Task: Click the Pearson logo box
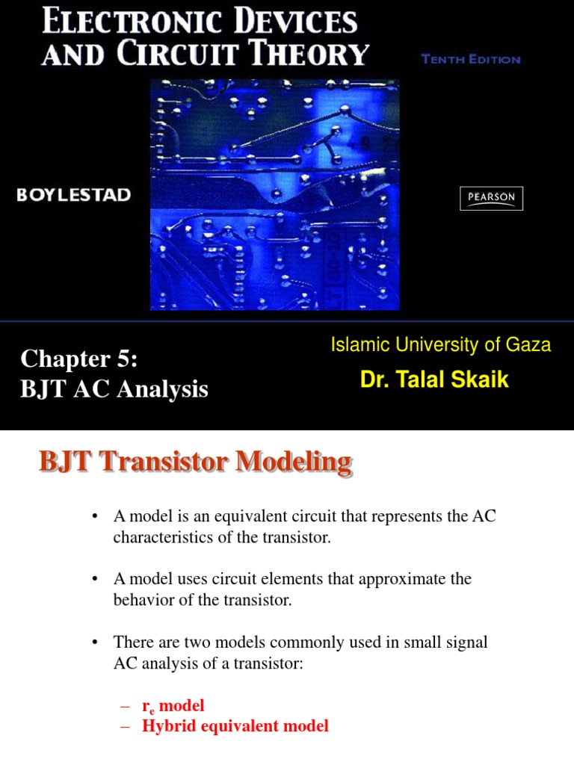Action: [x=491, y=198]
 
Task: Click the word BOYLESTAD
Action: [x=74, y=195]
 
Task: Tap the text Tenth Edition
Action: [x=471, y=60]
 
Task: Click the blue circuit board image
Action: [x=274, y=194]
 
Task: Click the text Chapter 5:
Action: [x=79, y=359]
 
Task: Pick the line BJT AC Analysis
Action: [x=114, y=389]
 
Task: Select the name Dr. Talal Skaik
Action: [x=434, y=380]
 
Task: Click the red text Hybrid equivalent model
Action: [x=235, y=726]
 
